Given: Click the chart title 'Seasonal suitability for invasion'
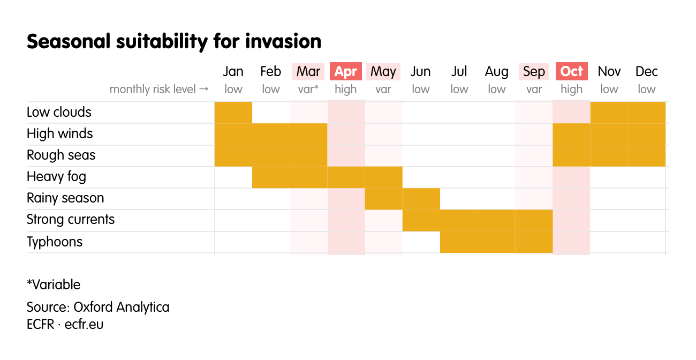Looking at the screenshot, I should coord(174,41).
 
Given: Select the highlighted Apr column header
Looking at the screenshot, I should coord(346,72).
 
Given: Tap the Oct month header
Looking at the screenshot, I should coord(571,72).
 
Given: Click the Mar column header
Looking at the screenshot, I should coord(308,72).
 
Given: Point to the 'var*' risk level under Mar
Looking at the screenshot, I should coord(308,89).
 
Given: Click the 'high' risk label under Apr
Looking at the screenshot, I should coord(346,89).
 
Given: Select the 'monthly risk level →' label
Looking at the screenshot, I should coord(159,89).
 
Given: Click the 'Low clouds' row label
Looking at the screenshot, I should coord(59,112).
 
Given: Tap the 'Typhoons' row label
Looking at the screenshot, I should coord(55,242).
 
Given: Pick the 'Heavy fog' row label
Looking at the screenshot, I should coord(56,177).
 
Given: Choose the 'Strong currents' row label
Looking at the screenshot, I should coord(71,220).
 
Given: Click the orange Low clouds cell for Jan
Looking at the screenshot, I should coord(233,112).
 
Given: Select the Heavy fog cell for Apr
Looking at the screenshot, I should coord(346,177).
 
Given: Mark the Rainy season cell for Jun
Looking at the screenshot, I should coord(421,199).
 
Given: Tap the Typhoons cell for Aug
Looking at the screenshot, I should coord(496,242).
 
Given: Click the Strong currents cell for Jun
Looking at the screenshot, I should coord(421,220).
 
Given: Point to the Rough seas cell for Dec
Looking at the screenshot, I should coord(646,156).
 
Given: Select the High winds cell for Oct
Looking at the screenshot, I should coord(571,134).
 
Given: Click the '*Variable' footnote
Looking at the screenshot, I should coord(54,284).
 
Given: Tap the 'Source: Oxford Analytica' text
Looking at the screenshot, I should coord(98,307).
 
